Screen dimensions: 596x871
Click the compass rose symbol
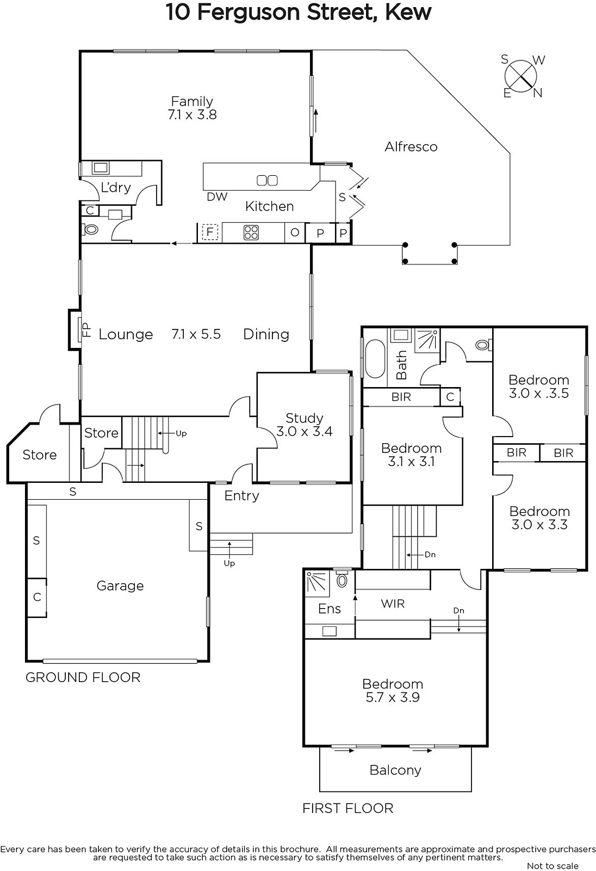(520, 76)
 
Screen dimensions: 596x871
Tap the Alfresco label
(411, 146)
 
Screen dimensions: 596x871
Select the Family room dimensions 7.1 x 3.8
(192, 115)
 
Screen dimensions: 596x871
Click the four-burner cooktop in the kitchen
(251, 232)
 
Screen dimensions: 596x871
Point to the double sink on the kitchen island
(268, 180)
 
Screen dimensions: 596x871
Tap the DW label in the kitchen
(217, 197)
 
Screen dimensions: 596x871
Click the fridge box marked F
(210, 232)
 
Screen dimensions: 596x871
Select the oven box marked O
(295, 232)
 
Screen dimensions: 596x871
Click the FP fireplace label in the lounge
(86, 330)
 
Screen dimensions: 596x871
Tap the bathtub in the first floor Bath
(375, 359)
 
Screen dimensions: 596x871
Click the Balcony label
(395, 770)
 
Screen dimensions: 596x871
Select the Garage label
(120, 586)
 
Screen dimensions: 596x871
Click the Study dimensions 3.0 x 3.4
(304, 432)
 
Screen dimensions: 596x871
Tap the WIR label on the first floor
(393, 604)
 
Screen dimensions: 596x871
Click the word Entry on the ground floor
(241, 496)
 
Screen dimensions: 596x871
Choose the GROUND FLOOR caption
(83, 678)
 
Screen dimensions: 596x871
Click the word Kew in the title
(408, 13)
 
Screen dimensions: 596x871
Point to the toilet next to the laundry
(90, 229)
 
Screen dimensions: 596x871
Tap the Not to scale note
(552, 866)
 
